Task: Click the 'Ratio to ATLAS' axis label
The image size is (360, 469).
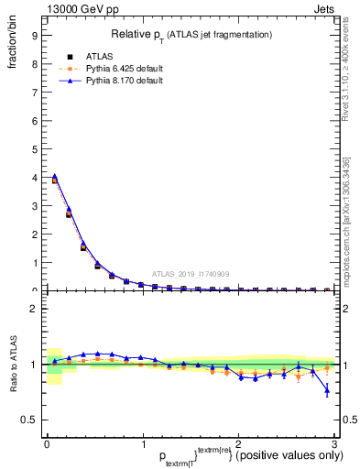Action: click(13, 365)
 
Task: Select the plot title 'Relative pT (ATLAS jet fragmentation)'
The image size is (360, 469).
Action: click(191, 34)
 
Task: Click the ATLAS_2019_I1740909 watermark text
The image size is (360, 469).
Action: click(191, 274)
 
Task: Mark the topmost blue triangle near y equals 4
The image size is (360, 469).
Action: click(55, 176)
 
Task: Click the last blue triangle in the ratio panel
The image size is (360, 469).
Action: click(327, 391)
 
